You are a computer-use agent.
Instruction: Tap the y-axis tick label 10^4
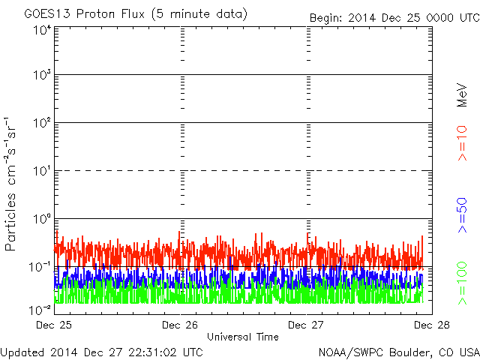[43, 30]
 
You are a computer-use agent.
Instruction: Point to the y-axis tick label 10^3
[43, 74]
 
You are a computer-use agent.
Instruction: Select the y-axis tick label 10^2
[43, 123]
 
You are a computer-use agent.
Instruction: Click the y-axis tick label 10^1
[43, 171]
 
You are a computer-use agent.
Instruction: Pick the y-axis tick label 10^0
[43, 219]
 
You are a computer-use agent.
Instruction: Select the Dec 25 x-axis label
[54, 325]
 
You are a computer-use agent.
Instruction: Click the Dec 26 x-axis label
[180, 325]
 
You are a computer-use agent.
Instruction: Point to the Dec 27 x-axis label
[306, 325]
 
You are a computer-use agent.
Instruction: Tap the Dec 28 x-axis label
[432, 325]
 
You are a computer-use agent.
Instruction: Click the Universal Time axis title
[243, 337]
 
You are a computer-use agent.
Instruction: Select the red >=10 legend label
[462, 143]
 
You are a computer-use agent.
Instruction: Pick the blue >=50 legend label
[462, 215]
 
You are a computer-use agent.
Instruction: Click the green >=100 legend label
[462, 283]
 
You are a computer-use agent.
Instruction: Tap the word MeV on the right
[462, 94]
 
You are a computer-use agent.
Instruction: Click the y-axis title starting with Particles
[10, 184]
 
